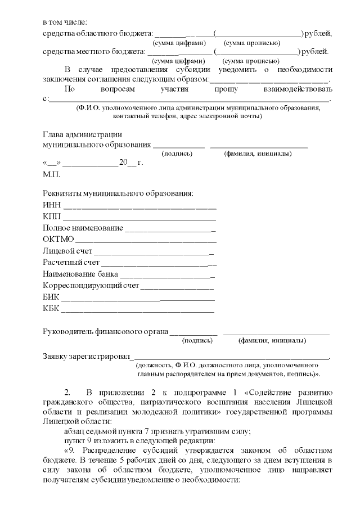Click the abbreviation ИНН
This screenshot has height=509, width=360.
[x=52, y=205]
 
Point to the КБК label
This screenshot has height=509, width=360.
[x=51, y=308]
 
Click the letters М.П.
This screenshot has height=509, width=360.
[x=51, y=175]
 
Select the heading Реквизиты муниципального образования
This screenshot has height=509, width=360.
[x=118, y=193]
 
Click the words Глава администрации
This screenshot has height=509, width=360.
[x=82, y=134]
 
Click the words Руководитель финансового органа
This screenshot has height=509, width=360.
[x=106, y=332]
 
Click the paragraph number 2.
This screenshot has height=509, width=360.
[x=68, y=391]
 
